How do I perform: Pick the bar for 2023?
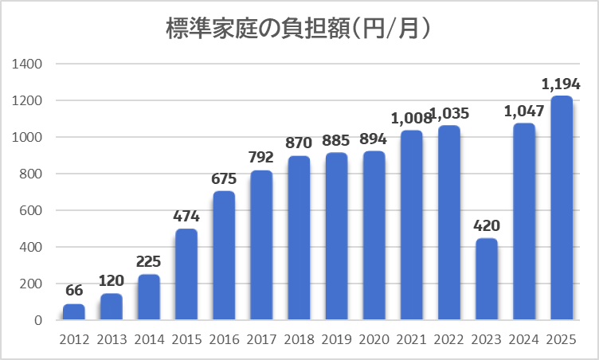tap(486, 279)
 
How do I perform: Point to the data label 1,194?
tap(561, 84)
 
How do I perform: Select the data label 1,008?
tap(411, 118)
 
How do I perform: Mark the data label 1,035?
tap(449, 113)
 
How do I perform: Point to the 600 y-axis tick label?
tap(33, 210)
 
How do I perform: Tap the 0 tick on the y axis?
tap(37, 320)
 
